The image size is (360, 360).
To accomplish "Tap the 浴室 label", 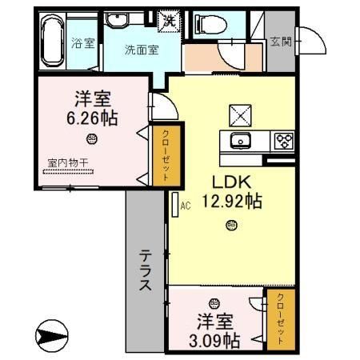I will coord(84,43).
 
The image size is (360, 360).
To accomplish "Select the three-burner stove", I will coord(283,142).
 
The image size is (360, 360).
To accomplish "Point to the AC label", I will coord(186,206).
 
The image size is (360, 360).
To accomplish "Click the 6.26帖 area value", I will coord(92,118).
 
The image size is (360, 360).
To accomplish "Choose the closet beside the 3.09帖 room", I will coord(280,319).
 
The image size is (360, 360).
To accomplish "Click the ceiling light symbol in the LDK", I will coord(230,227).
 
